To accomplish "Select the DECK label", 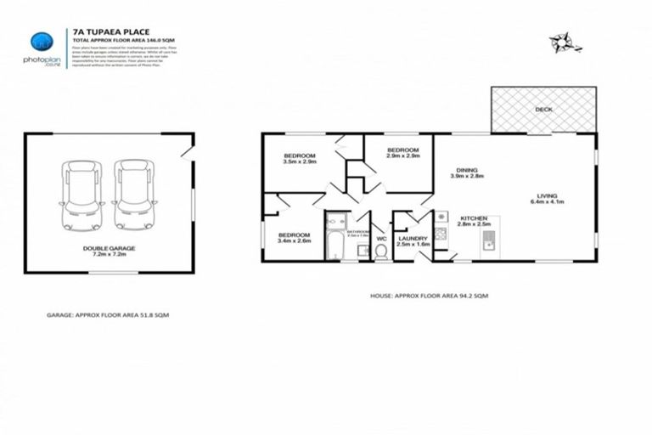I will pos(544,110).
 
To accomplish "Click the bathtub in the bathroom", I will pos(333,241).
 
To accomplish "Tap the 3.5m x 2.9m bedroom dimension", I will pos(300,161).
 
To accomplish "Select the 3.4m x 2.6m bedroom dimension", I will pos(295,240).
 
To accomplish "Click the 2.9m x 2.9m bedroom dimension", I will pos(403,155).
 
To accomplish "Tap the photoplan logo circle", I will pos(39,42).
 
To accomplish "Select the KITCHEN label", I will pos(473,218).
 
